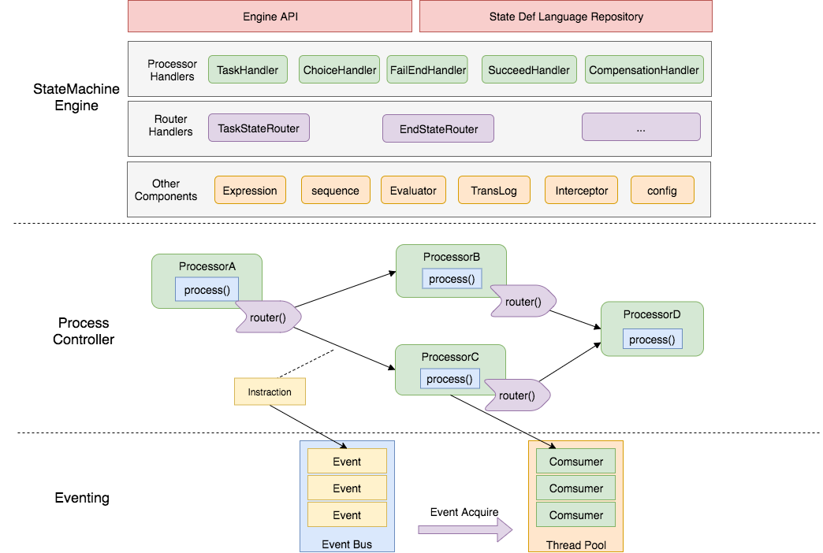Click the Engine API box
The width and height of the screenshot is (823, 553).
coord(269,17)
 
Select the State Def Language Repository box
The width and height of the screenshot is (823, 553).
coord(565,17)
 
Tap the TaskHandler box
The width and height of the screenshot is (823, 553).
coord(248,70)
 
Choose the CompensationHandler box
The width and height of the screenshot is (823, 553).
coord(643,70)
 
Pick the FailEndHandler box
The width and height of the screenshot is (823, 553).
coord(428,70)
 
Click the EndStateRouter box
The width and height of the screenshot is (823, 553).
coord(438,129)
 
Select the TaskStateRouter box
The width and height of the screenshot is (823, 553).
coord(259,128)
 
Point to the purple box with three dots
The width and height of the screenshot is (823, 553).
coord(640,128)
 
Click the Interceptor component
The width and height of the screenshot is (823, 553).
coord(581,191)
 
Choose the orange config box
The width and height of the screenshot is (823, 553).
coord(662,191)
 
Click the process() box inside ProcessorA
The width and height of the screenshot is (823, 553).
coord(207,290)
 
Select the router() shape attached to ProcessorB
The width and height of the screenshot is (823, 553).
coord(523,302)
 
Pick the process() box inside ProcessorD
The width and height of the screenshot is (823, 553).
coord(652,340)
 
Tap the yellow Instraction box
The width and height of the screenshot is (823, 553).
coord(270,392)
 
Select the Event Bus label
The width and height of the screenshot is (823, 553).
coord(347,544)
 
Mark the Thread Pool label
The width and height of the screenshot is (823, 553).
coord(575,545)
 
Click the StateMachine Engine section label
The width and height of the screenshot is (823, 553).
coord(76,98)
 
